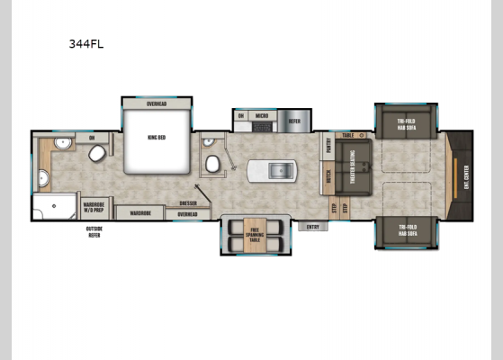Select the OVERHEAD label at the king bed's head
[x=157, y=104]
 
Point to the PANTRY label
[x=327, y=147]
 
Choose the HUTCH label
[x=328, y=177]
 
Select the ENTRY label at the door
[x=312, y=226]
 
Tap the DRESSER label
[x=188, y=203]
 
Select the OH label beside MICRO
[x=241, y=115]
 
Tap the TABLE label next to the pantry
[x=346, y=134]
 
